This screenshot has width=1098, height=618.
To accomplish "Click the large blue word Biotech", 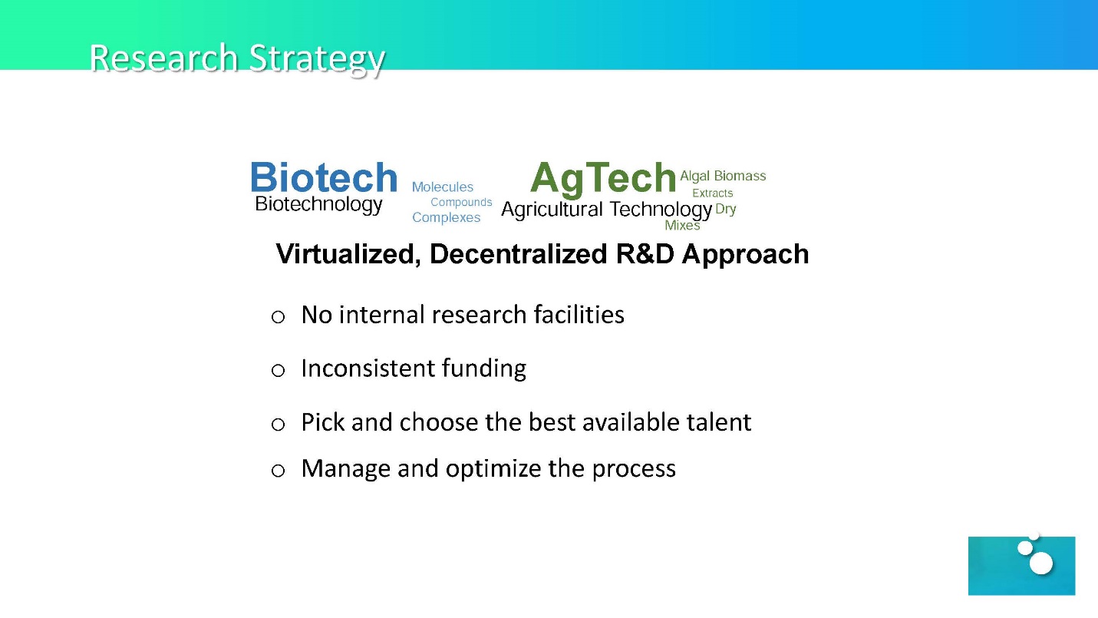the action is [324, 177].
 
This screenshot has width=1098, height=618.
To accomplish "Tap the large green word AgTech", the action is [603, 179].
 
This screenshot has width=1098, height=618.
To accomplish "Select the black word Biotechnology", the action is [318, 204].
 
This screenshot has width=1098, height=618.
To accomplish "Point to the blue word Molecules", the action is [443, 187].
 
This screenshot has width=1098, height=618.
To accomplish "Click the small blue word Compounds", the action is [461, 203].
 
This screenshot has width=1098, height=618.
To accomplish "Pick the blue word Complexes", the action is [446, 217].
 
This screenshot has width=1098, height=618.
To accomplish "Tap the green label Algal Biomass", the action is [723, 176].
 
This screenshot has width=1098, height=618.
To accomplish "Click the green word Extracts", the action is [712, 193].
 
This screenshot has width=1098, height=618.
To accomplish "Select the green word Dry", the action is [725, 210].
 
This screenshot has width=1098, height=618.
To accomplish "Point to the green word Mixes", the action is [682, 226].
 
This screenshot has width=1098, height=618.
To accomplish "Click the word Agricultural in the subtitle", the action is [552, 210].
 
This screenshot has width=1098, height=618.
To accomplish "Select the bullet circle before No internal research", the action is [278, 317].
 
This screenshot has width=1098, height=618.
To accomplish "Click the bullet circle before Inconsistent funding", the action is [278, 370].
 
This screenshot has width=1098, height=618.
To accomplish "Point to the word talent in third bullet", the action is [719, 422].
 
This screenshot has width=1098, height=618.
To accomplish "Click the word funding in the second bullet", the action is [484, 368].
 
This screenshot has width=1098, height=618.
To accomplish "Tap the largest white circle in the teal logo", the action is [1041, 563].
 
